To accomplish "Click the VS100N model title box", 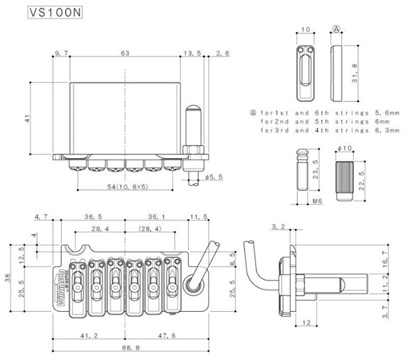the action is pos(55,12).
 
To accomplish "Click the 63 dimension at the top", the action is pos(125,53).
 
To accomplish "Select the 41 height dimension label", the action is pos(28,118).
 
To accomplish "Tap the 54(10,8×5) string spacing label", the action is pos(127,186).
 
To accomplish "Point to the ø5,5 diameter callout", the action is pos(214,177).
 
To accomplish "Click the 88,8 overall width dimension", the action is pos(130,347).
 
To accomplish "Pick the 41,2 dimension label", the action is pos(89,336).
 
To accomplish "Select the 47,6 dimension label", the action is pos(167,336).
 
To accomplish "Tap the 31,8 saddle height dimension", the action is pos(355,74).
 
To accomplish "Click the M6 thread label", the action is pos(317,201).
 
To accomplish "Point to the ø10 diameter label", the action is pos(345,148).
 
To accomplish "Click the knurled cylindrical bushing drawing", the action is pos(345,181).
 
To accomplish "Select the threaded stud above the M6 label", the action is pos(302,169).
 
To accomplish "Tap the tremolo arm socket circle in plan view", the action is pos(193,284).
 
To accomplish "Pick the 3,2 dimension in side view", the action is pos(278,227).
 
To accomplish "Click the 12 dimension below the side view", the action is pos(306,323).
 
